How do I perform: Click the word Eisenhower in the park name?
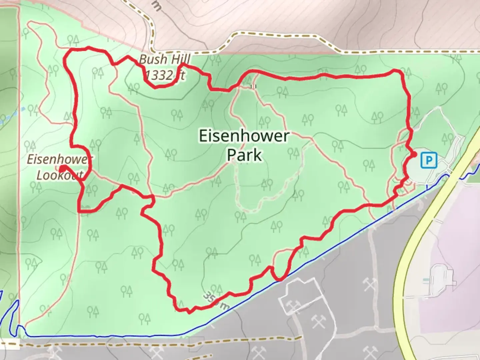point(244,136)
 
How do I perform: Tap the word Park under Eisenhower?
point(244,155)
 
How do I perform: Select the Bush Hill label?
point(164,59)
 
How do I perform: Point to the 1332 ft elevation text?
point(165,75)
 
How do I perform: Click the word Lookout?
point(59,175)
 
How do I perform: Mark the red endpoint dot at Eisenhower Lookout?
point(62,168)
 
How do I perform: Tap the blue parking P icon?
point(429,160)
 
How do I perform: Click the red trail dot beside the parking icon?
point(414,154)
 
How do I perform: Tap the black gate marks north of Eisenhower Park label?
point(253,87)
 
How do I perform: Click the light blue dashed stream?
point(13,114)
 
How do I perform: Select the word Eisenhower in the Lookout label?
point(57,159)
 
